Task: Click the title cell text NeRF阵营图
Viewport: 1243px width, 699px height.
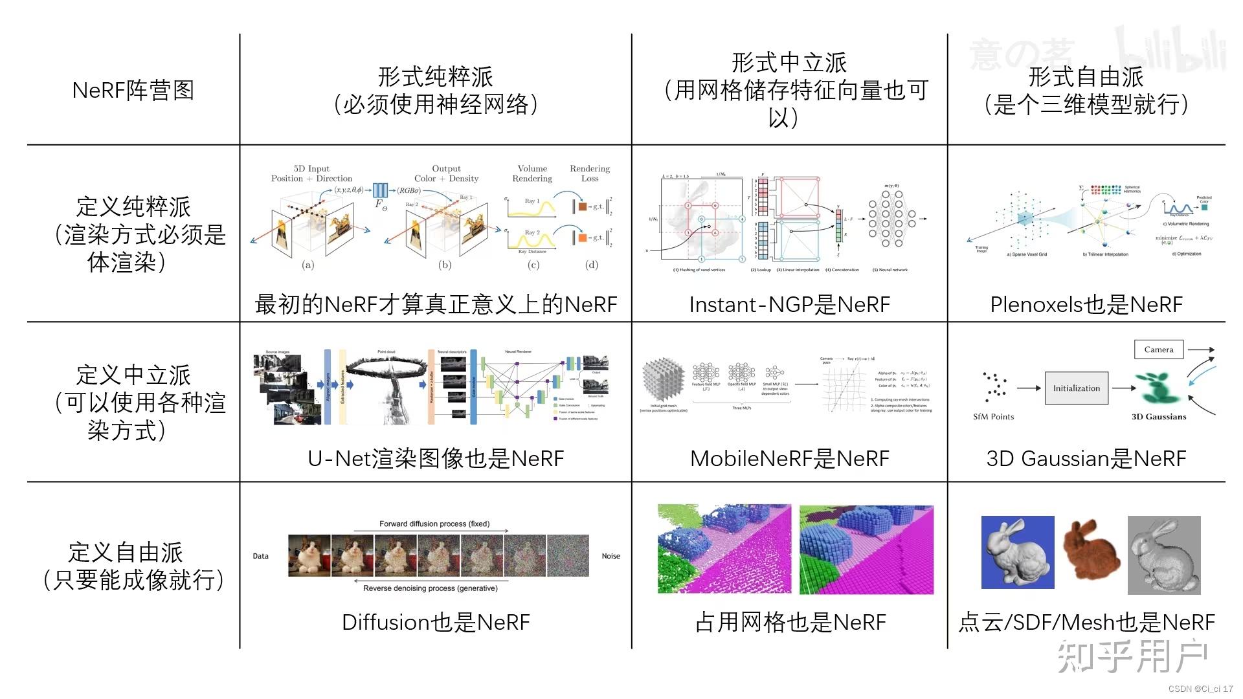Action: coord(133,90)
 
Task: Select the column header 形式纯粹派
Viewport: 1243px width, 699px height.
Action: coord(435,77)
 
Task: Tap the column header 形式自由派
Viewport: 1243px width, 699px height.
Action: coord(1086,77)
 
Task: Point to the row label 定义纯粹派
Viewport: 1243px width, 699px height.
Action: coord(133,207)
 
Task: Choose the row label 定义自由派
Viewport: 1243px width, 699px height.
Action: coord(126,552)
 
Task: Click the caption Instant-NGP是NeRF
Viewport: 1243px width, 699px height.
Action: coord(789,304)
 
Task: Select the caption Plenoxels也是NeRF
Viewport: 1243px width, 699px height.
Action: coord(1086,304)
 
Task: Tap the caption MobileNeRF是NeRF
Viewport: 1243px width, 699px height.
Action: coord(789,458)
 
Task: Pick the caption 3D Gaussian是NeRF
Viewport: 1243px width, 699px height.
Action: coord(1086,458)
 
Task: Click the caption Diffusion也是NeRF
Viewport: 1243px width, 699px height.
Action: coord(435,622)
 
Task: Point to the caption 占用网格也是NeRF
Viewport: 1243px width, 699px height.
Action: coord(789,622)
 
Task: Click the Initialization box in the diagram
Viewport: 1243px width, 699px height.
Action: coord(1076,388)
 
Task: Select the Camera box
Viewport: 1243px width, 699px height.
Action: coord(1158,349)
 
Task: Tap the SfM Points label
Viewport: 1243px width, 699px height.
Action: coord(993,417)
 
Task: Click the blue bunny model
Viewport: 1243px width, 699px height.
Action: coord(1017,552)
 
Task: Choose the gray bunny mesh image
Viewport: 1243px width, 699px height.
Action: coord(1164,555)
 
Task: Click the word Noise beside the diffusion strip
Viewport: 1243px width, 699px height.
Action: coord(610,556)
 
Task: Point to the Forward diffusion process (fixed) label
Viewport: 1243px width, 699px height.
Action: coord(434,524)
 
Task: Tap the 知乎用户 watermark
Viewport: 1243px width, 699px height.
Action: coord(1132,656)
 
